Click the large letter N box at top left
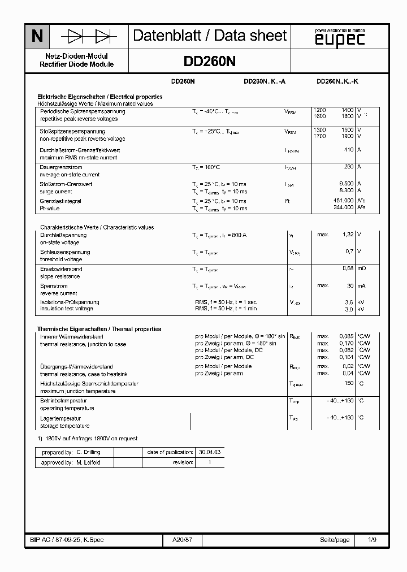pos(37,37)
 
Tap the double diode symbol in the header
pos(89,37)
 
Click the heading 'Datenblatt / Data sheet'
pos(210,36)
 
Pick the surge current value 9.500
pos(346,184)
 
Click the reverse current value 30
pos(350,285)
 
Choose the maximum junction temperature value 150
pos(349,383)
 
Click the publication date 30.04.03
pos(210,452)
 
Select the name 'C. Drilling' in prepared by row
pos(88,452)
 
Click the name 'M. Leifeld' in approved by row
pos(88,462)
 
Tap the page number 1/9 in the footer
pos(372,540)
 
